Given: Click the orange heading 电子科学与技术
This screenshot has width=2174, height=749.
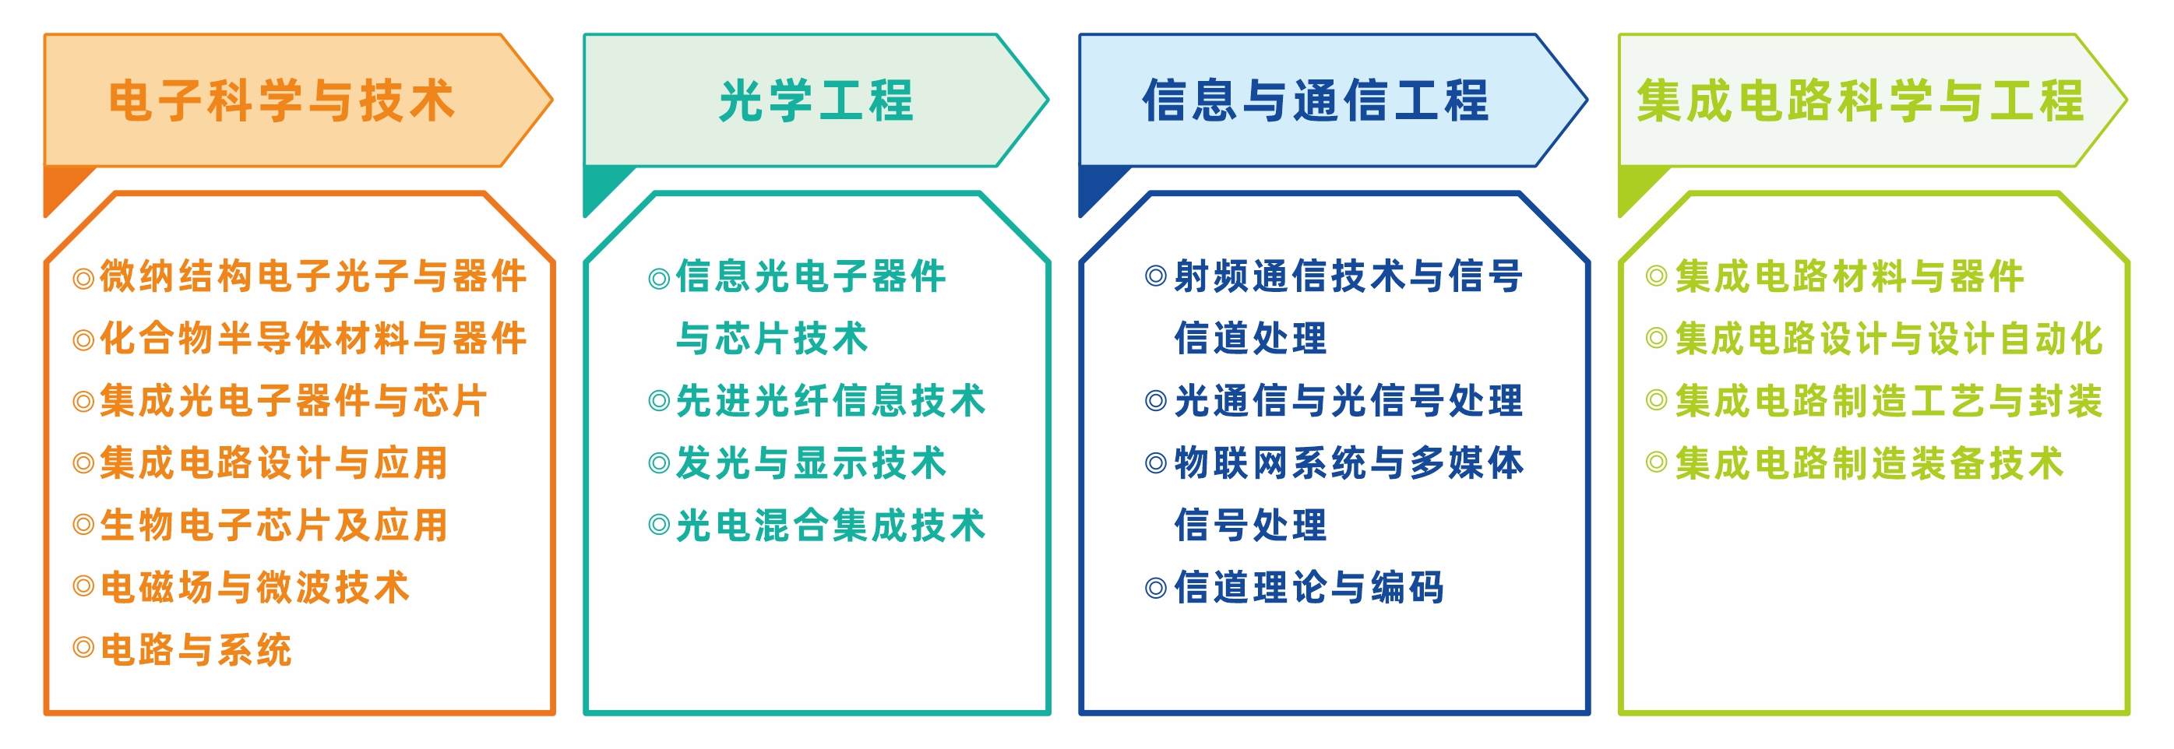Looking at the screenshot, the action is coord(282,100).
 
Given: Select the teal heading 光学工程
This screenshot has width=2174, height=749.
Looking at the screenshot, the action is coord(816,100).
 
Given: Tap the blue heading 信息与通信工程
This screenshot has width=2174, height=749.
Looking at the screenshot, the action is coord(1315,100).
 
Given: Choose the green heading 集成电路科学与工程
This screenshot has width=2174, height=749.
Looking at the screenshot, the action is coord(1860,100).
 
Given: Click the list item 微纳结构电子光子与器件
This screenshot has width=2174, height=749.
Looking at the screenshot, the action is coord(313,276).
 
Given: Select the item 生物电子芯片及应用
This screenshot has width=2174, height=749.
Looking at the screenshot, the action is coord(273,526).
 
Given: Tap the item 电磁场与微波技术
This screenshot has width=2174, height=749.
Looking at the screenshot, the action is coord(255,588).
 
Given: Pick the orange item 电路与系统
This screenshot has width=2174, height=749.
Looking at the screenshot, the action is coord(196,650).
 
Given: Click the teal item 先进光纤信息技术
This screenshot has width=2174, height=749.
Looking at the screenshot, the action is coord(830,401).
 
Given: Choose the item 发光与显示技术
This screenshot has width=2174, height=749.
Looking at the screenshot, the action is coord(811,463).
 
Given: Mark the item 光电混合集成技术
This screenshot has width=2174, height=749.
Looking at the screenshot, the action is coord(830,526).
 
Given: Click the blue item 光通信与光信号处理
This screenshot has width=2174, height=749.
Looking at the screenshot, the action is coord(1348,401).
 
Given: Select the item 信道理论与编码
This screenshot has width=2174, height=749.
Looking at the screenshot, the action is coord(1309,588).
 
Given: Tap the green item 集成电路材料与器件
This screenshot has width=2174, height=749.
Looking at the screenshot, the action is coord(1849,276).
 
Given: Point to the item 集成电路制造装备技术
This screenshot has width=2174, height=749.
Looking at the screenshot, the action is coord(1869,463).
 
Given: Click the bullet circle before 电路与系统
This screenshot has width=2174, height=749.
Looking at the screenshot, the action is coord(83,648).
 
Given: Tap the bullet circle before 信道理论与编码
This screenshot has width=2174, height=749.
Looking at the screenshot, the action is coord(1155,587).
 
